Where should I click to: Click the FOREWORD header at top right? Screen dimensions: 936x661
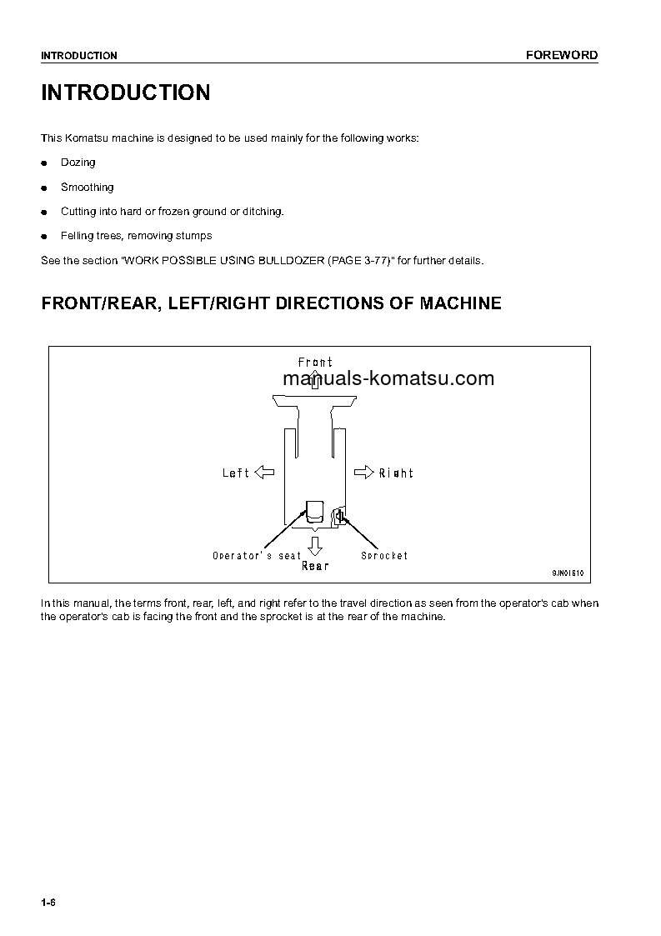click(x=561, y=55)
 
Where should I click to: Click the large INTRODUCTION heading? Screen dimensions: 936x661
click(x=126, y=93)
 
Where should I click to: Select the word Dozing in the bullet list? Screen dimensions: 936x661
click(x=78, y=163)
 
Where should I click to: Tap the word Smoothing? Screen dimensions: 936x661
click(x=87, y=188)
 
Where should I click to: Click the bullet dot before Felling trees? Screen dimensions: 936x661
click(x=45, y=237)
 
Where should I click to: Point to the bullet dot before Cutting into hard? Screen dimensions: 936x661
click(x=45, y=213)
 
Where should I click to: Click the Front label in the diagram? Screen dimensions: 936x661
click(x=315, y=363)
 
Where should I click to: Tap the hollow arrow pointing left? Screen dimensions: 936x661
click(x=264, y=473)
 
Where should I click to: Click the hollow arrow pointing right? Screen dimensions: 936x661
click(x=364, y=473)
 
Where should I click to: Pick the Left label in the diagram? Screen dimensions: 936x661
click(x=236, y=473)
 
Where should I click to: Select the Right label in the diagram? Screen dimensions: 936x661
click(x=396, y=473)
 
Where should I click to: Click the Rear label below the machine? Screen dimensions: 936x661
click(x=315, y=566)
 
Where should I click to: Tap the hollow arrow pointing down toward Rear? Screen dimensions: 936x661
click(x=314, y=546)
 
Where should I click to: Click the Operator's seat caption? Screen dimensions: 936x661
click(x=257, y=556)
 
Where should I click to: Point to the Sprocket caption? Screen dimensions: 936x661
click(x=384, y=556)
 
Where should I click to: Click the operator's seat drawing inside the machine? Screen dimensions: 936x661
click(x=314, y=512)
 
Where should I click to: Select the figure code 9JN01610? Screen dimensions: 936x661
click(x=568, y=573)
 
